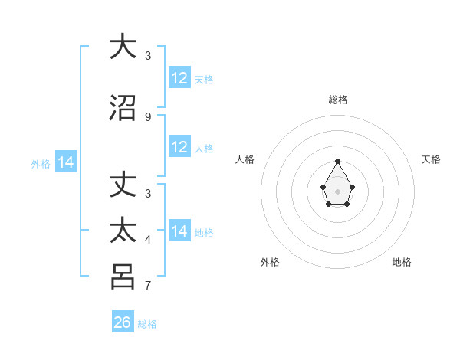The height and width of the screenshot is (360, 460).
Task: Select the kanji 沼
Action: tap(123, 108)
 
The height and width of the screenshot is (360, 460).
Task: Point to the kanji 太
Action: tap(123, 231)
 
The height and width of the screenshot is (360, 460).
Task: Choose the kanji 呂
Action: tap(123, 277)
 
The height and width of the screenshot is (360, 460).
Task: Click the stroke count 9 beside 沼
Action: tap(148, 117)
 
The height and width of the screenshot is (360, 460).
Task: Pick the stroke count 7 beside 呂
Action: tap(148, 286)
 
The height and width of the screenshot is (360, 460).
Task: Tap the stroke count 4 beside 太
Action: tap(148, 241)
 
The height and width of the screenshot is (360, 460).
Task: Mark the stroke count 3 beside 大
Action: tap(148, 56)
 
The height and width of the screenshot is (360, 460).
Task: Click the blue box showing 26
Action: tap(123, 322)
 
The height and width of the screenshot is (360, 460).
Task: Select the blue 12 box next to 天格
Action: tap(179, 78)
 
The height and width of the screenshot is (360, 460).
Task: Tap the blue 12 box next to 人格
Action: tap(179, 147)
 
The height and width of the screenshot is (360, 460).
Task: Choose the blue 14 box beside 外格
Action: tap(66, 162)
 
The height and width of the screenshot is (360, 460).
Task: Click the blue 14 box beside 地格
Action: tap(179, 231)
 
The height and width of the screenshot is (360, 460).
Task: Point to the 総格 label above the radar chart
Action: tap(338, 100)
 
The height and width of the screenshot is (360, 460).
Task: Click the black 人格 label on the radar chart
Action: tap(245, 159)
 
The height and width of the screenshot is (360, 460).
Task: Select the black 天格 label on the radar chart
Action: tap(431, 159)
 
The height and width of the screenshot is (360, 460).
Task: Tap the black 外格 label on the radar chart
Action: tap(270, 262)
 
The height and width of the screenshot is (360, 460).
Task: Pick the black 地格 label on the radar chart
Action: tap(402, 262)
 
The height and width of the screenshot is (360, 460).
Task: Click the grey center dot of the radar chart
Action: tap(337, 190)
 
